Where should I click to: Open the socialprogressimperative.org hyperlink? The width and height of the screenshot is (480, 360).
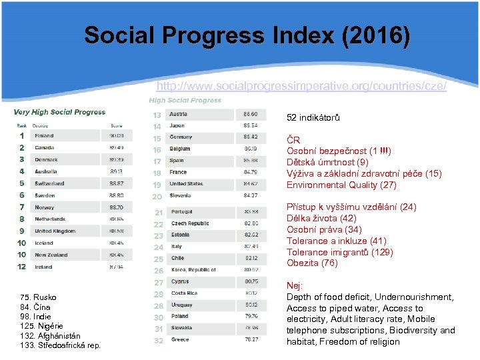pyautogui.click(x=301, y=86)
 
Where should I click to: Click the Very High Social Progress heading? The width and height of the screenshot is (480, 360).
pyautogui.click(x=59, y=112)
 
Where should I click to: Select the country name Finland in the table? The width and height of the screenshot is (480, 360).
pyautogui.click(x=45, y=136)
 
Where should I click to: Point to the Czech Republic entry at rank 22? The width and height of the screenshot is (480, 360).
pyautogui.click(x=190, y=224)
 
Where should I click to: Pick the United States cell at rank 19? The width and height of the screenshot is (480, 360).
pyautogui.click(x=186, y=184)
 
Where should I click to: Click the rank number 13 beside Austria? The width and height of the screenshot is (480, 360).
pyautogui.click(x=157, y=115)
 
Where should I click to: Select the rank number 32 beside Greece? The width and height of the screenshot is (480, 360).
pyautogui.click(x=158, y=341)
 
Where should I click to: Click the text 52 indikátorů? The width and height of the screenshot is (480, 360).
pyautogui.click(x=313, y=118)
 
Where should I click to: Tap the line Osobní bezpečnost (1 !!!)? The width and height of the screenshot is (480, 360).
pyautogui.click(x=339, y=151)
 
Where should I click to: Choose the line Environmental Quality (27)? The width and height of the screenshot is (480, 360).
pyautogui.click(x=341, y=185)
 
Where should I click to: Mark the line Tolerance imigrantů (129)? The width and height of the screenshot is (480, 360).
pyautogui.click(x=340, y=252)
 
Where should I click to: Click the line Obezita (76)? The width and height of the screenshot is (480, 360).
pyautogui.click(x=312, y=263)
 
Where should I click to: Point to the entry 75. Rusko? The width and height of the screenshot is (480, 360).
pyautogui.click(x=39, y=297)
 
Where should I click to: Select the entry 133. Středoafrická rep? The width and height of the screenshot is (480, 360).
pyautogui.click(x=61, y=345)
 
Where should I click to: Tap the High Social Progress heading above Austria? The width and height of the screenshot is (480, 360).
pyautogui.click(x=185, y=101)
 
